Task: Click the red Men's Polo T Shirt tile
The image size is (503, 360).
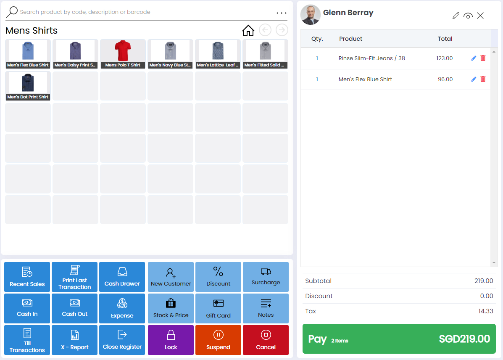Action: click(123, 54)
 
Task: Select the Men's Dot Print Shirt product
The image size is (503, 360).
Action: click(28, 86)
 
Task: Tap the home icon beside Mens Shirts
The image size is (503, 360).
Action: click(248, 30)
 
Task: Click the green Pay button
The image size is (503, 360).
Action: click(399, 339)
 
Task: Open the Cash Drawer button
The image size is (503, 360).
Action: click(122, 277)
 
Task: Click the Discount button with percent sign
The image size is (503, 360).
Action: click(218, 277)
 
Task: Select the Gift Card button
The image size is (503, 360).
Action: click(218, 308)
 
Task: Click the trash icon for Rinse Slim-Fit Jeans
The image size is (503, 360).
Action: click(483, 58)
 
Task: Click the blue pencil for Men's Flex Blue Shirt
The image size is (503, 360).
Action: click(474, 79)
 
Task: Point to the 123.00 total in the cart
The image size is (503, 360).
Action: click(445, 58)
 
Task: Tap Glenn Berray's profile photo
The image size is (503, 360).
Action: click(311, 15)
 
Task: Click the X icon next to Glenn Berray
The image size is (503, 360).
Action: click(480, 16)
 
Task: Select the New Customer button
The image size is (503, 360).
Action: click(171, 277)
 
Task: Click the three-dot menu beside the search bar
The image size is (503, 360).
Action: click(282, 13)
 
